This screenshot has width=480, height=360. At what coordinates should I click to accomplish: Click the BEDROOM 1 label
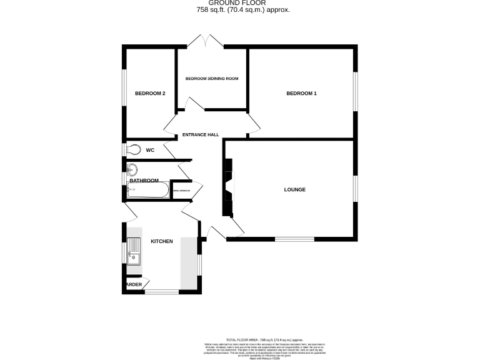[x=301, y=94]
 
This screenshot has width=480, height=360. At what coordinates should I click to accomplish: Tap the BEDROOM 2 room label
[x=150, y=94]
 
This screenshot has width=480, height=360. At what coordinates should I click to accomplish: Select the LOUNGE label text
[x=294, y=189]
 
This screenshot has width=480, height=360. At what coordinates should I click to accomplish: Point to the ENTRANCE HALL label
[x=201, y=135]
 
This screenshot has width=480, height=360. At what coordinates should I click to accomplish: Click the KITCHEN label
[x=161, y=241]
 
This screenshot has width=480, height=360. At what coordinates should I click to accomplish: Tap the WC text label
[x=150, y=150]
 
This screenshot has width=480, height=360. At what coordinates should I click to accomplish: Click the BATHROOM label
[x=144, y=181]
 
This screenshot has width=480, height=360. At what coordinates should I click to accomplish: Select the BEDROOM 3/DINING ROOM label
[x=212, y=79]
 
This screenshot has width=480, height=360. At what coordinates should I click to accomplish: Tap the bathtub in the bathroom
[x=147, y=191]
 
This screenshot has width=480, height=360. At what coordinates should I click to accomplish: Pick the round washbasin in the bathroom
[x=132, y=169]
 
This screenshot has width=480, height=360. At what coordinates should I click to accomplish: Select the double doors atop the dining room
[x=205, y=42]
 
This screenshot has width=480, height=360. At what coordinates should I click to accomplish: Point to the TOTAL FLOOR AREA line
[x=239, y=339]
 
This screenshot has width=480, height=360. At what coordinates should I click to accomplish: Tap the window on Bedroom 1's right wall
[x=356, y=93]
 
